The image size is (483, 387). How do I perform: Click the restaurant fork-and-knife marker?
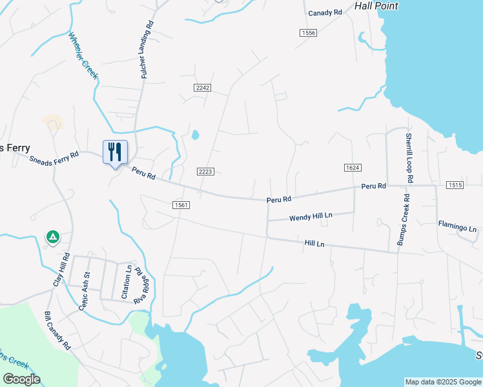(115, 152)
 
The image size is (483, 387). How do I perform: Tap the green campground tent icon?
(52, 237)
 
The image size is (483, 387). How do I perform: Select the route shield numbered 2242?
(203, 87)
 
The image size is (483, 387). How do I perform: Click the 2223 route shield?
(205, 171)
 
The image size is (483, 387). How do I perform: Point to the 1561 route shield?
(181, 204)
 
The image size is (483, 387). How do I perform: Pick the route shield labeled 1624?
(352, 168)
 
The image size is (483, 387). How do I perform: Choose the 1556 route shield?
(308, 33)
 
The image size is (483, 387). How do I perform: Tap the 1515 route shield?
(454, 186)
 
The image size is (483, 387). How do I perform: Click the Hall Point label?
(376, 6)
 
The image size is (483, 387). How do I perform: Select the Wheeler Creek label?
(83, 55)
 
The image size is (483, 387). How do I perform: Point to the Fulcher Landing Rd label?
(147, 50)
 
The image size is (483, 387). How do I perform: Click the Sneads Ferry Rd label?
(54, 158)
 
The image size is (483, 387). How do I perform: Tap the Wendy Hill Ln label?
(311, 217)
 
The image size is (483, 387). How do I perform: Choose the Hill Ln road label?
(314, 243)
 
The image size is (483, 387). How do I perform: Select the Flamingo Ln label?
(457, 228)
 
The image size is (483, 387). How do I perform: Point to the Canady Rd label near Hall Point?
(325, 13)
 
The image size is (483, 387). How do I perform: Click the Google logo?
(21, 379)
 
